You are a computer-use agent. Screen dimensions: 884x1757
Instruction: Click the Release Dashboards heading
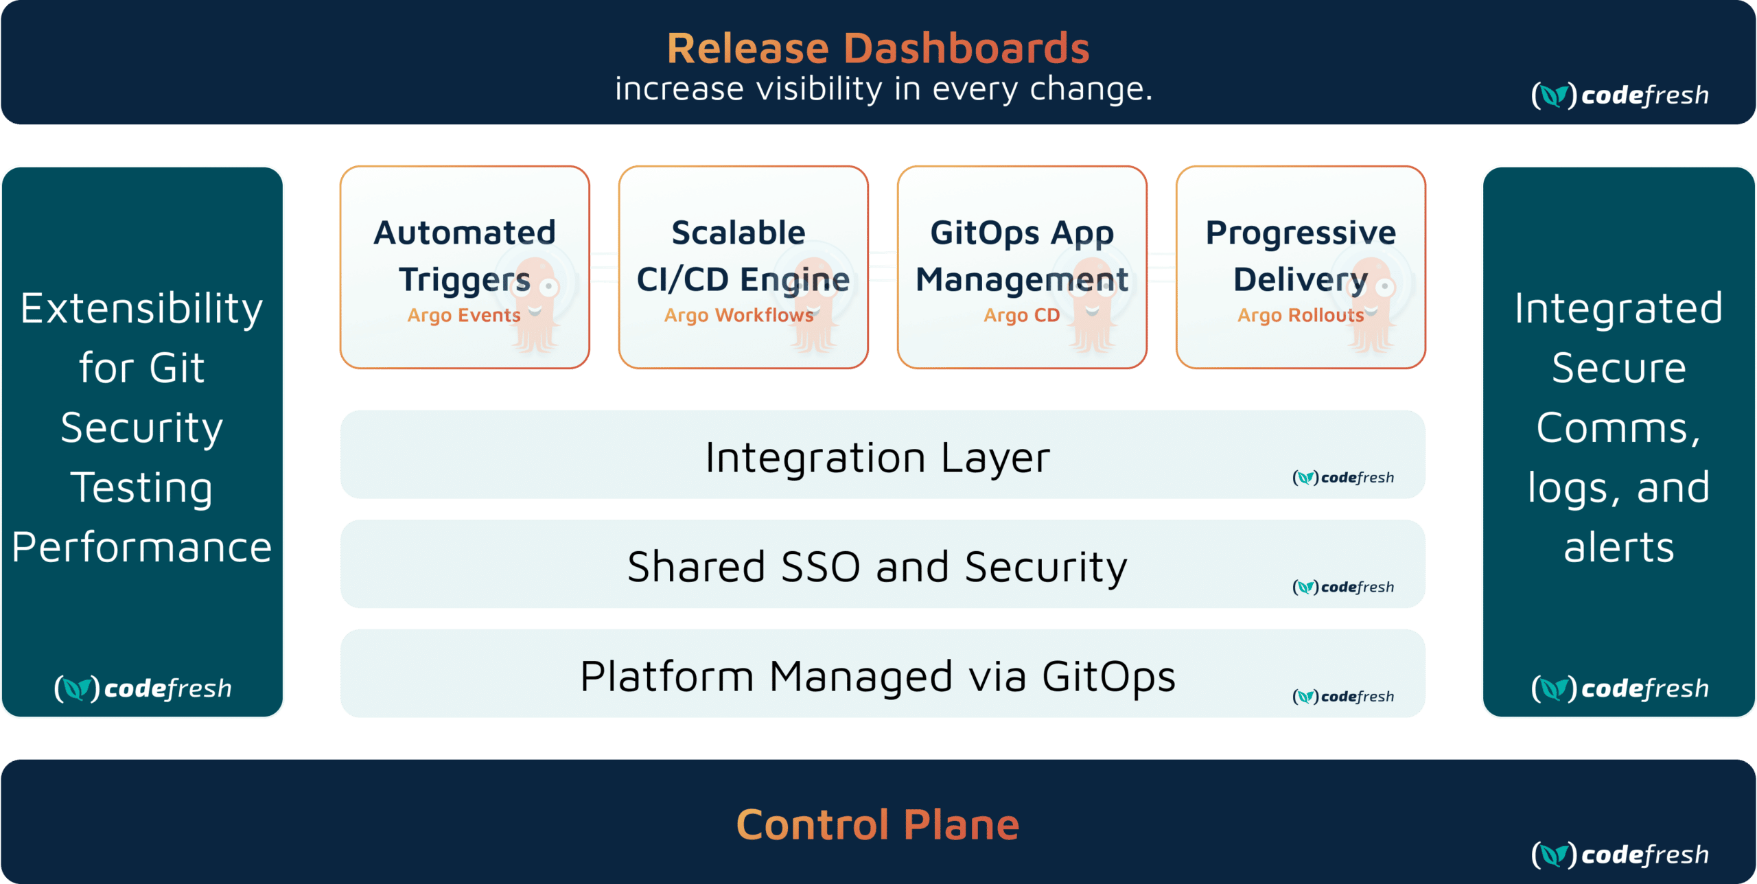click(878, 48)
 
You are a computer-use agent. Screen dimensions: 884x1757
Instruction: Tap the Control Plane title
click(878, 824)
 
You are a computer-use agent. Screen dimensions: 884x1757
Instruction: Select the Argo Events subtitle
click(464, 315)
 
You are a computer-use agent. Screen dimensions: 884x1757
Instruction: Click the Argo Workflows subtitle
click(738, 315)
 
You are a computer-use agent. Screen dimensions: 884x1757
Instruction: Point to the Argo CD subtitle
click(1021, 315)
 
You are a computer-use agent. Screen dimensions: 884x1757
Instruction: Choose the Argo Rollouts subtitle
click(1301, 315)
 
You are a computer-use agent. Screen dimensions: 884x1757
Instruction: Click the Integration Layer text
click(878, 457)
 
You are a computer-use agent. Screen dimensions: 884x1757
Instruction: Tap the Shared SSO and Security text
click(877, 567)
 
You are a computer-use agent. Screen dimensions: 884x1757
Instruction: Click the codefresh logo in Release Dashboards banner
click(1620, 95)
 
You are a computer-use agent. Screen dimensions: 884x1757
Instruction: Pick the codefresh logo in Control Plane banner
click(1620, 854)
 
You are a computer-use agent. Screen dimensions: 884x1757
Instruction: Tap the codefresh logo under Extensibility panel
click(143, 688)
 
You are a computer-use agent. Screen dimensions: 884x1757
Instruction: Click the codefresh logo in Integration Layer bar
click(1343, 478)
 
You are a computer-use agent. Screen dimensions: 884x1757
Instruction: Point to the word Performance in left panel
click(142, 547)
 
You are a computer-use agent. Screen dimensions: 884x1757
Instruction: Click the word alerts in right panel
click(1619, 547)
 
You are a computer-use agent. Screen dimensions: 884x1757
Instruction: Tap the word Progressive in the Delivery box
click(1301, 233)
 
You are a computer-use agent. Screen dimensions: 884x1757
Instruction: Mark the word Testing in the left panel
click(142, 487)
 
